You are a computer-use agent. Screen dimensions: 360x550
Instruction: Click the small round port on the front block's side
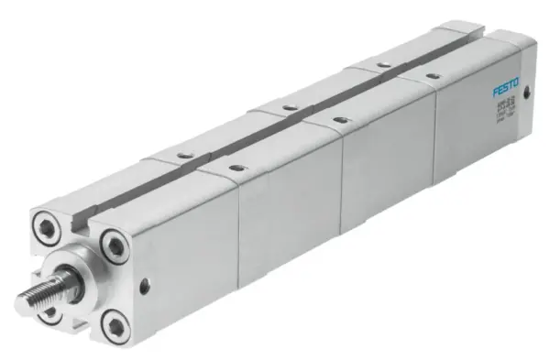(144, 287)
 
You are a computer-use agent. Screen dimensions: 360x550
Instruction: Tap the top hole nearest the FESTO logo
(432, 75)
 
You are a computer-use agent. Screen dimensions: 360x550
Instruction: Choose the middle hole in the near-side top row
(339, 119)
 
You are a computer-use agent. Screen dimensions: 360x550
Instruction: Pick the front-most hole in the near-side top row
(236, 168)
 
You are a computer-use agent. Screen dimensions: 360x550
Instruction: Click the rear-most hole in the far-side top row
(381, 64)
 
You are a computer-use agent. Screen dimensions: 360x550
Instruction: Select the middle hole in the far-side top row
(289, 107)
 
